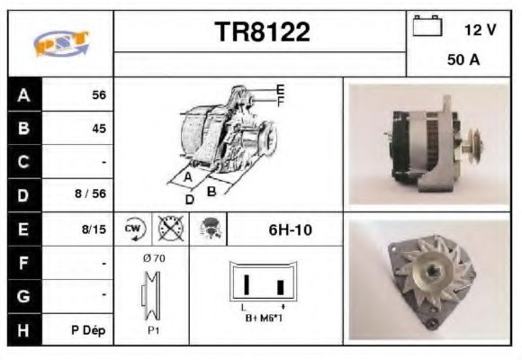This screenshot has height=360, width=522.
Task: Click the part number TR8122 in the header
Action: (x=261, y=32)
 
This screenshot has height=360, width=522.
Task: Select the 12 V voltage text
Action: (x=480, y=30)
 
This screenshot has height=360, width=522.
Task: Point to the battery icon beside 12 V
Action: (x=427, y=26)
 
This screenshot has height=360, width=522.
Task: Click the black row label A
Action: (x=23, y=94)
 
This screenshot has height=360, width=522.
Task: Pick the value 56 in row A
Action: (x=99, y=95)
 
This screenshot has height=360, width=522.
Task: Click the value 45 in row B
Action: (x=99, y=128)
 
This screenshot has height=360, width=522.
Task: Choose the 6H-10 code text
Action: (x=290, y=229)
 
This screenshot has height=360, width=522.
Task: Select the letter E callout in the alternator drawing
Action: (x=280, y=89)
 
